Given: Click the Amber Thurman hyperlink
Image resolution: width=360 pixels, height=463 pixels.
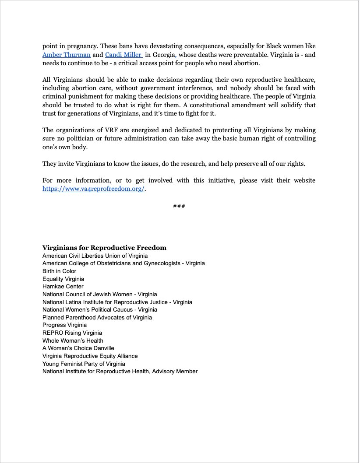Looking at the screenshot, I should click(67, 55).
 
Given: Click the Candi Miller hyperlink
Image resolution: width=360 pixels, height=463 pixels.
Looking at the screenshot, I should click(123, 55).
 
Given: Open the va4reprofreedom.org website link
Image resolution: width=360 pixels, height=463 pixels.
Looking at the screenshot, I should click(93, 189).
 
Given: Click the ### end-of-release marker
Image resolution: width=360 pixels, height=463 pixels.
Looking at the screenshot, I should click(179, 206).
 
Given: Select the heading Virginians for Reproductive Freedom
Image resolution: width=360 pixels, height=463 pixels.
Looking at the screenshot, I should click(104, 248).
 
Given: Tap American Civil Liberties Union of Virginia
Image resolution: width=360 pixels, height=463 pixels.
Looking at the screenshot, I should click(95, 256).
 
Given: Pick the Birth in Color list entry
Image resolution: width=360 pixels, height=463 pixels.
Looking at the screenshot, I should click(59, 271).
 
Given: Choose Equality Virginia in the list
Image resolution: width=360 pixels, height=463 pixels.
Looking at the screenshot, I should click(63, 279).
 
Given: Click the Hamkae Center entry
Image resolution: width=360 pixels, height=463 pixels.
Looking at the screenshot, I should click(63, 287).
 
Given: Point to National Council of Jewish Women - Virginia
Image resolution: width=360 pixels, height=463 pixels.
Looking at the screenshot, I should click(99, 295).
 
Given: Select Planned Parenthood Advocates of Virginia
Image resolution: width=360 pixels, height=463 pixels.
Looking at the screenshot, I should click(97, 317).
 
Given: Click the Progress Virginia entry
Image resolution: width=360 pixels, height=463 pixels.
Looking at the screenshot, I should click(64, 325).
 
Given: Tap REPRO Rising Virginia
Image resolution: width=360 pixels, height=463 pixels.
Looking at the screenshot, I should click(72, 333).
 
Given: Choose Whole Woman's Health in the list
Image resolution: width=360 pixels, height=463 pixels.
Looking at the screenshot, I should click(73, 340).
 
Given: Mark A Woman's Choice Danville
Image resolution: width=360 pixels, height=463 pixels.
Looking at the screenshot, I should click(78, 348).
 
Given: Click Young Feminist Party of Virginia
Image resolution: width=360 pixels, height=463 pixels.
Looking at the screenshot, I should click(84, 364).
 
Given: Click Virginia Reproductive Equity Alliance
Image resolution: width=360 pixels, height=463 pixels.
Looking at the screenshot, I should click(90, 356).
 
